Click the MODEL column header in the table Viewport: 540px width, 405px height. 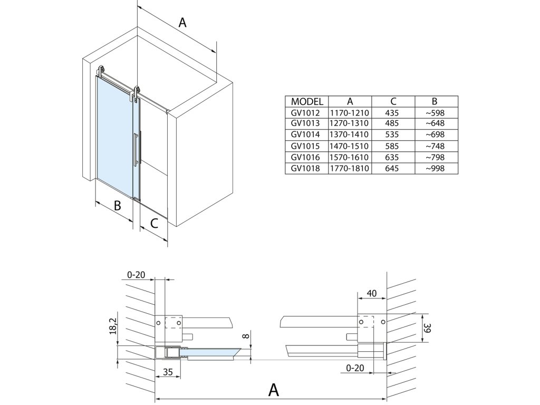coord(306,102)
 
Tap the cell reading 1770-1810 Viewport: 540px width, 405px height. coord(350,169)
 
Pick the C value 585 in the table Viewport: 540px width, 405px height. coord(393,146)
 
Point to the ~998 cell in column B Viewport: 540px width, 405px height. coord(436,169)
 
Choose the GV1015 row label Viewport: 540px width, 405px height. coord(306,146)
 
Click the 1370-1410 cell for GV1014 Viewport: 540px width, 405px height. coord(350,135)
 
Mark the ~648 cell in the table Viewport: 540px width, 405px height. coord(436,124)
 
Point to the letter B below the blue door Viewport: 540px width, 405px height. coord(118,205)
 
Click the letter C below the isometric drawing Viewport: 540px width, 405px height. coord(153,224)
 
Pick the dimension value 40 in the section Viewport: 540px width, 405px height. coord(372,293)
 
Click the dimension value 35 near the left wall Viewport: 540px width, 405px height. coord(167,372)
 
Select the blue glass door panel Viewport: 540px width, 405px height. coord(114,132)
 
